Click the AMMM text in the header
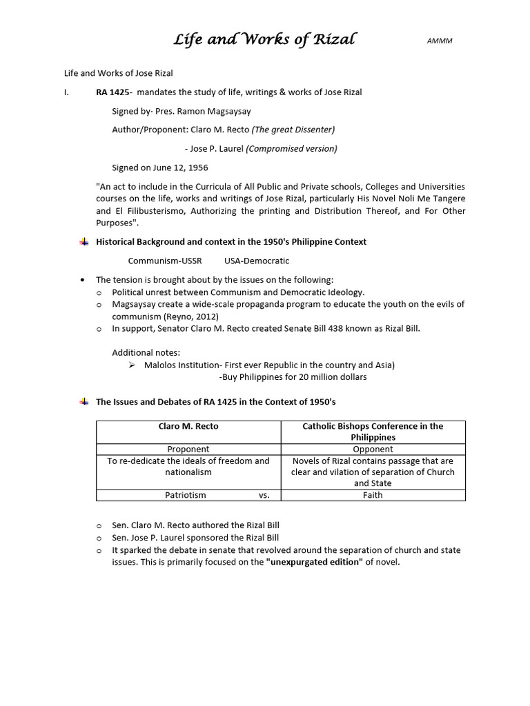pos(440,41)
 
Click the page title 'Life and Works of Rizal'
pos(264,39)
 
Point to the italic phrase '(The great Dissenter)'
pos(293,130)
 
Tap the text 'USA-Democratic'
pos(257,261)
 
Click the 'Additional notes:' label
pos(146,353)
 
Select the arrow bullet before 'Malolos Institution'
pos(132,365)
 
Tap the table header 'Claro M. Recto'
pos(188,426)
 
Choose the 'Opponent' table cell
pos(373,449)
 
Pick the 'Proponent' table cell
pos(188,449)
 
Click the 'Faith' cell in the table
pos(373,495)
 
